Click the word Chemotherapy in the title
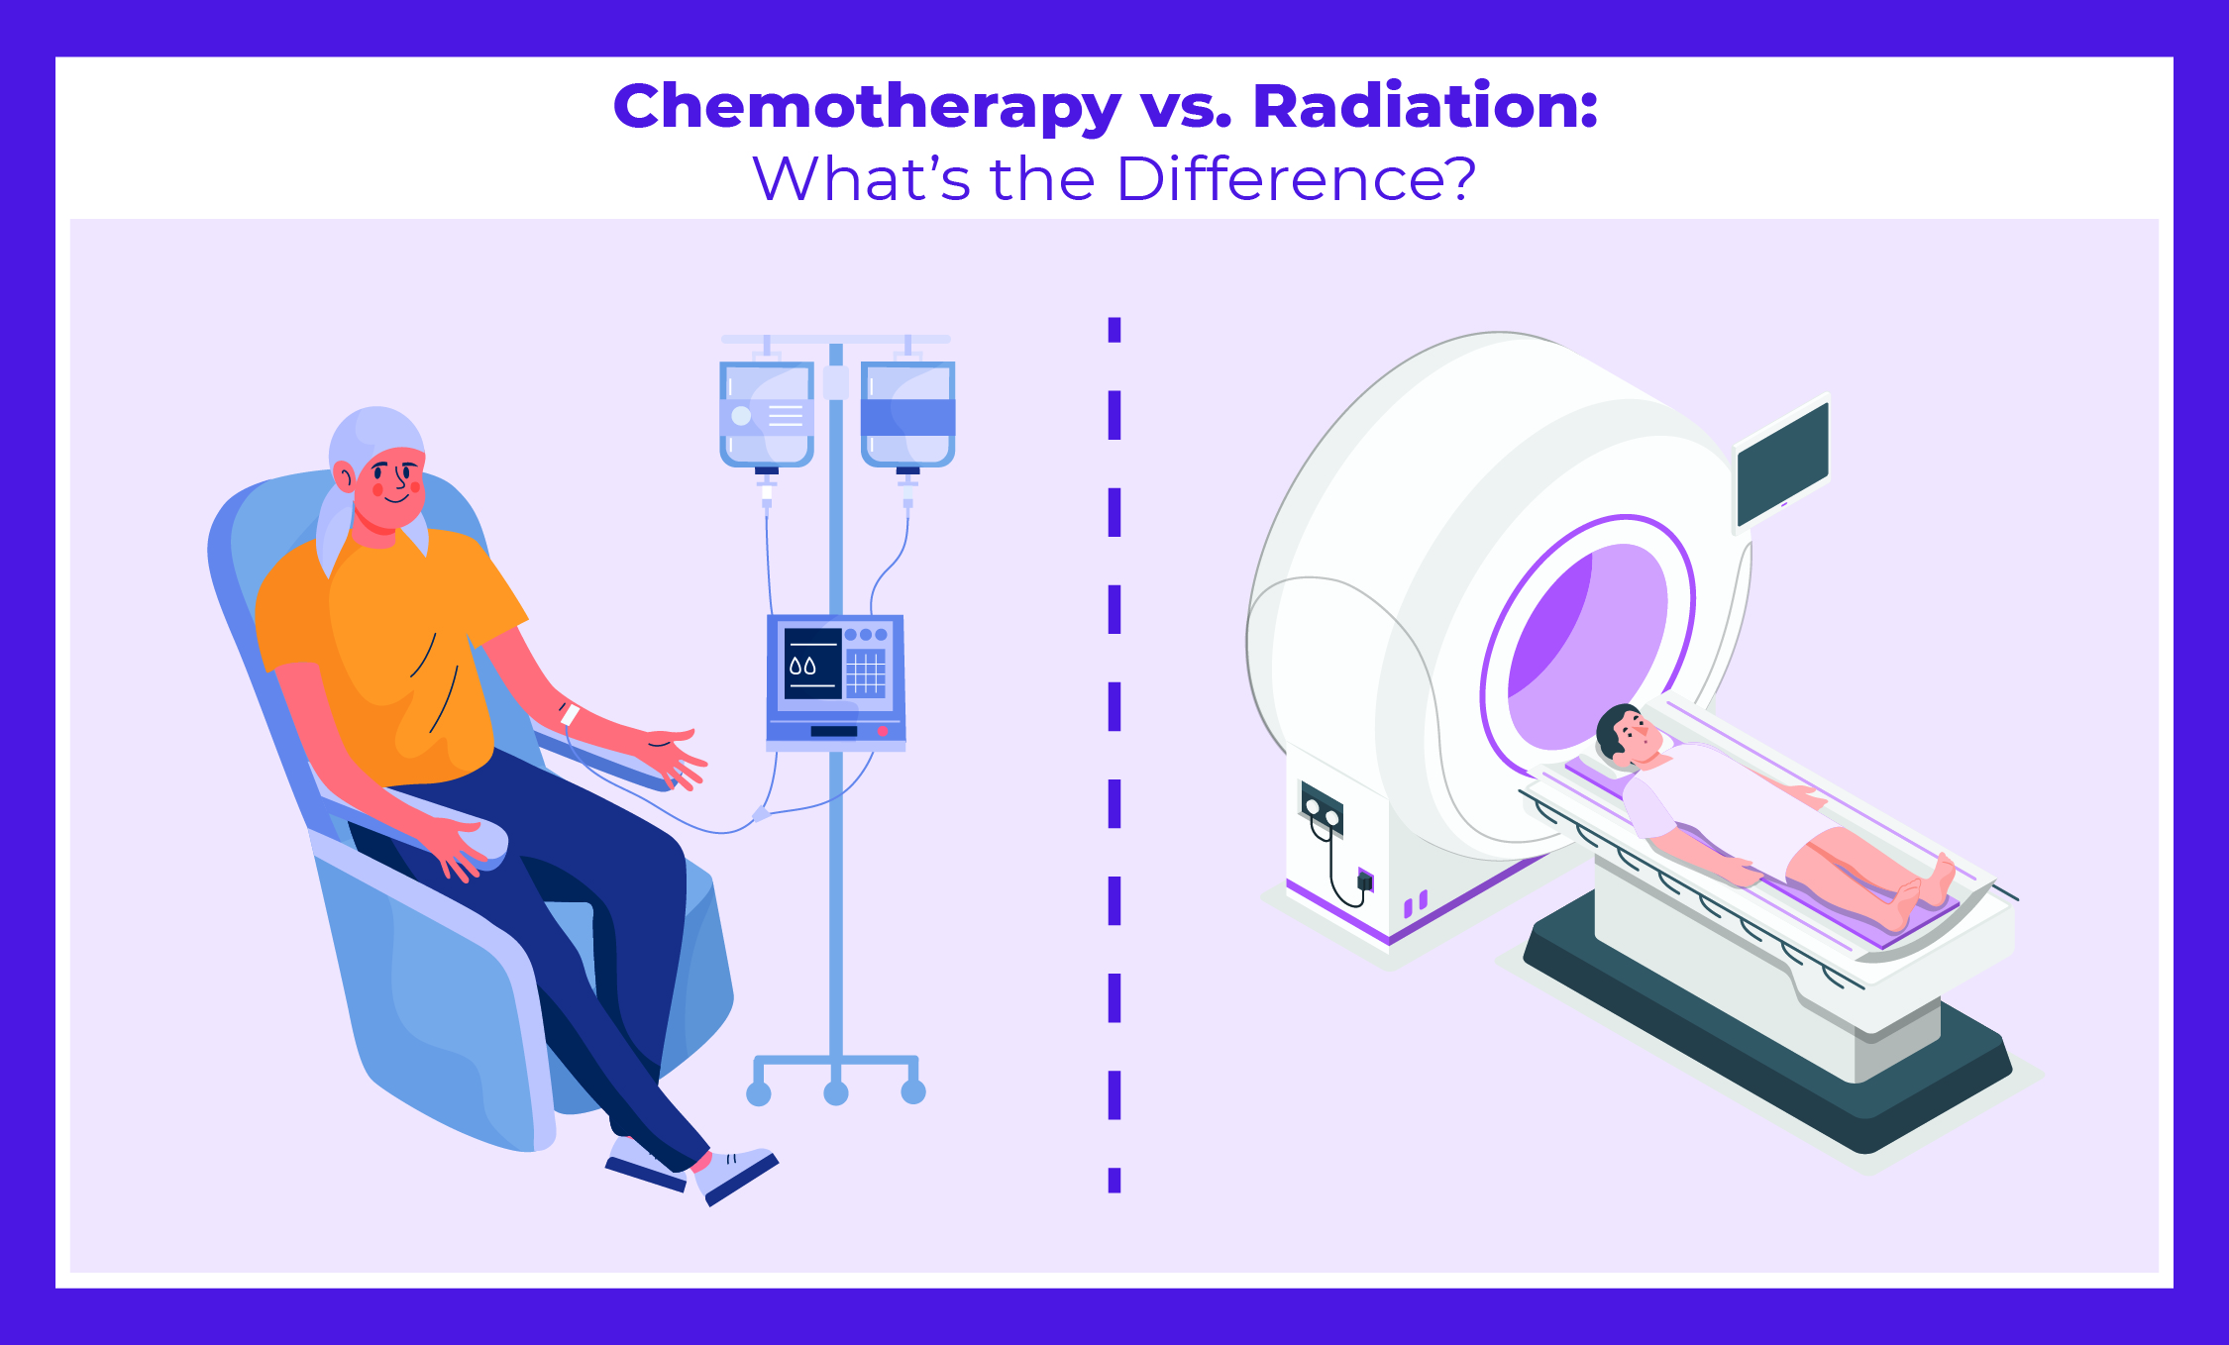(867, 107)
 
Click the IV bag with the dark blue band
(907, 413)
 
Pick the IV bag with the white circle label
(767, 413)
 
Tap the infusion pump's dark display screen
(813, 663)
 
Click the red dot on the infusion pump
(882, 731)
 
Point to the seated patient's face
(393, 486)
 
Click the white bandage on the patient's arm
(569, 713)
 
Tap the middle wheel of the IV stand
(836, 1092)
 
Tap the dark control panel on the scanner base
(1322, 807)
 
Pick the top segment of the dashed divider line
(1114, 330)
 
